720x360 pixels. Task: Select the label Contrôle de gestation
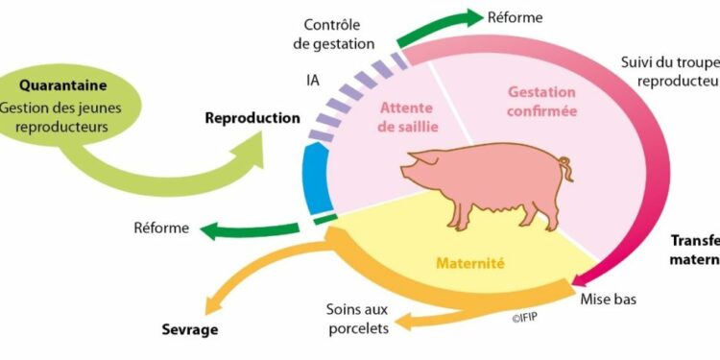(339, 34)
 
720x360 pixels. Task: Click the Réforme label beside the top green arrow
(516, 16)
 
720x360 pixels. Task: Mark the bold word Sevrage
(189, 329)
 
